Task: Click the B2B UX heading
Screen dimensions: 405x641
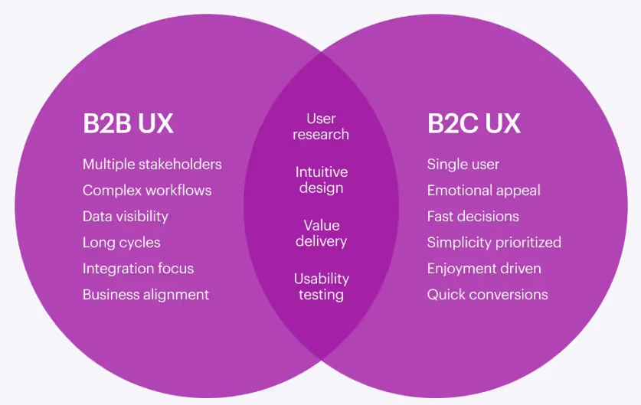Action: coord(128,124)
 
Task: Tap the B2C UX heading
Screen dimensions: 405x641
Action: coord(473,124)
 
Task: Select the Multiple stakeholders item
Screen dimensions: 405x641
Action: coord(152,165)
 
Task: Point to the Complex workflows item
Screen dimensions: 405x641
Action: coord(147,191)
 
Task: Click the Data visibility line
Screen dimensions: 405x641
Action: coord(126,217)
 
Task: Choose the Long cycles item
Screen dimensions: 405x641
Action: coord(122,243)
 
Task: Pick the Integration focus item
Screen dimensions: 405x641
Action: coord(138,269)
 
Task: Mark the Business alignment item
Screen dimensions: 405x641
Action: coord(146,295)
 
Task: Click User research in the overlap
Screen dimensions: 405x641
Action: coord(321,126)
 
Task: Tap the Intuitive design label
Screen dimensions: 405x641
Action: coord(321,180)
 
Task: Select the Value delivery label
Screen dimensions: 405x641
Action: coord(321,234)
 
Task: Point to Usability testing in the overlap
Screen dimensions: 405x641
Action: coord(321,287)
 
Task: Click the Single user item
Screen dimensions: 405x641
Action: coord(463,165)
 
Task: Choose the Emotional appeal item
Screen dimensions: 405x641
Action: coord(483,191)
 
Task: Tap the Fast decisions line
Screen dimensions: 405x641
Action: coord(473,217)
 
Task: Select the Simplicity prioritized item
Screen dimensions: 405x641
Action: coord(494,243)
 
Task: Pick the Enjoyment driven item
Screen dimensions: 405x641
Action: coord(484,269)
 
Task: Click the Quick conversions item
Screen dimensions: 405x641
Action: coord(487,295)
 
